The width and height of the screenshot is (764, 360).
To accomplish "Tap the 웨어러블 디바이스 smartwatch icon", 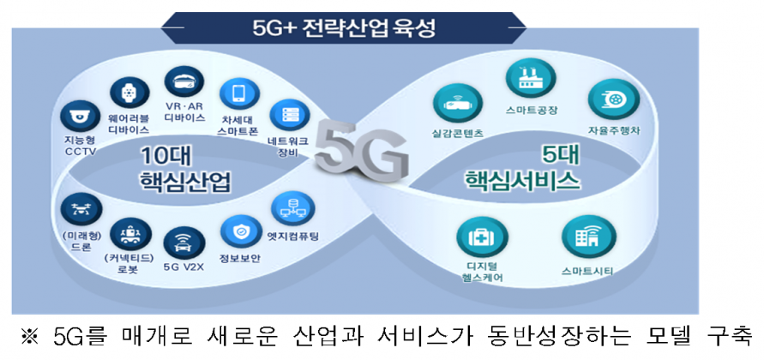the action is [129, 92].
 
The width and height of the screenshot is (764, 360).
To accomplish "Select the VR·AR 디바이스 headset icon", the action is [183, 81].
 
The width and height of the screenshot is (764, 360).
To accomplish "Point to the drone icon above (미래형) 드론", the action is [81, 208].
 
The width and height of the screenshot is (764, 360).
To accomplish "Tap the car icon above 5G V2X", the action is [184, 242].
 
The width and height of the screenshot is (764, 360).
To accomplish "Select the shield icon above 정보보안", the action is [240, 231].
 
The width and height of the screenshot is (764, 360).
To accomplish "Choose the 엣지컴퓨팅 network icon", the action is [293, 209].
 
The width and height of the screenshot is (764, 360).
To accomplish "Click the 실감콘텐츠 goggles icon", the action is [458, 105].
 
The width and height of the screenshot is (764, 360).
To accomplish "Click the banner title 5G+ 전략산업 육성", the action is [344, 27].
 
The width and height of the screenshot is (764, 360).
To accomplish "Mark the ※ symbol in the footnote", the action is [30, 337].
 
